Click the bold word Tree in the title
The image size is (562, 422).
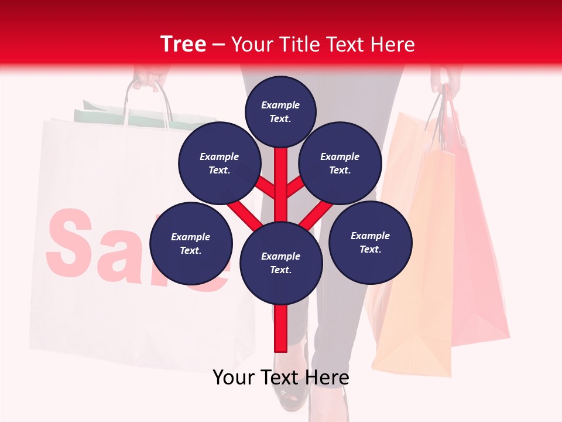pos(183,45)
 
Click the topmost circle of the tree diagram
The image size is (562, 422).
pos(280,112)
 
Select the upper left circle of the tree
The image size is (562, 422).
pos(219,164)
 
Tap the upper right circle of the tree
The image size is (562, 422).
pos(340,164)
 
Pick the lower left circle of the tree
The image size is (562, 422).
pos(190,244)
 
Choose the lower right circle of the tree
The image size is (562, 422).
pos(370,243)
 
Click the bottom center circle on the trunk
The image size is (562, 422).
pos(281,263)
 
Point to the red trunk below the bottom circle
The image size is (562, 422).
pos(281,328)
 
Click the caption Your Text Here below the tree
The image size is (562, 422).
pos(281,377)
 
